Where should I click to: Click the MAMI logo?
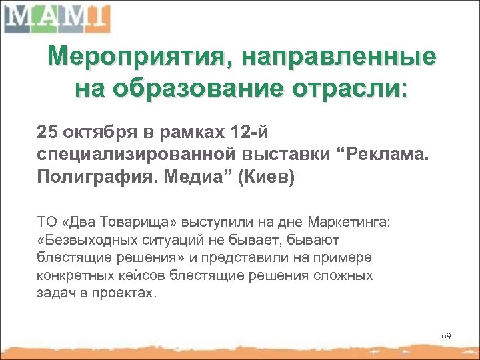click(x=56, y=18)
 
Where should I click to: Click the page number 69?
click(x=446, y=336)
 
